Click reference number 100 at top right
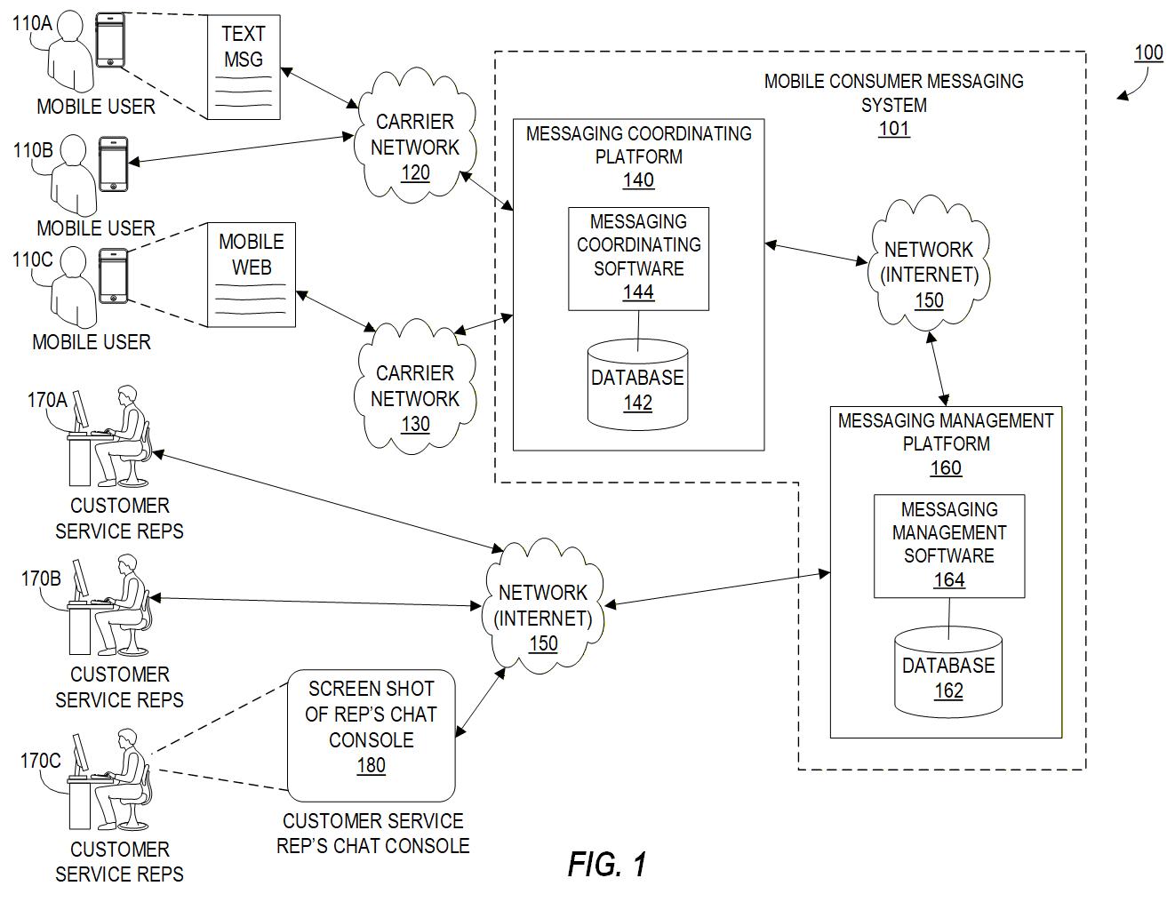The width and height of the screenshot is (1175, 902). click(1148, 53)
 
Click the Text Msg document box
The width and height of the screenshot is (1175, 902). click(243, 68)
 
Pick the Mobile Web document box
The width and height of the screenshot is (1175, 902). click(252, 274)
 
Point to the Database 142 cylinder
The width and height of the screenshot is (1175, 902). click(638, 384)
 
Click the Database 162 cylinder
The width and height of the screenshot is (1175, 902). click(948, 672)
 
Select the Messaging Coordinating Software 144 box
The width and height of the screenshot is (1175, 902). click(638, 258)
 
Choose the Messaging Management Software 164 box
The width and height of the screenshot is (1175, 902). click(949, 546)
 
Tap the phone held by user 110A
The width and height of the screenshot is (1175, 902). click(110, 40)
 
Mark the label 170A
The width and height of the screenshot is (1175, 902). click(47, 401)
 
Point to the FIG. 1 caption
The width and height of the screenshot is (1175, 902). click(608, 864)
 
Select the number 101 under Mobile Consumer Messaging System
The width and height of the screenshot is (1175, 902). click(894, 129)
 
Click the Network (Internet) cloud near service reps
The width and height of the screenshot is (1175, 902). click(543, 610)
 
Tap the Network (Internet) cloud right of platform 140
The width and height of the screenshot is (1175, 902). click(929, 267)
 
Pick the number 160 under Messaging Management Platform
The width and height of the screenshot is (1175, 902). click(946, 467)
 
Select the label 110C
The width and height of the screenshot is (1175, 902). click(32, 259)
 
